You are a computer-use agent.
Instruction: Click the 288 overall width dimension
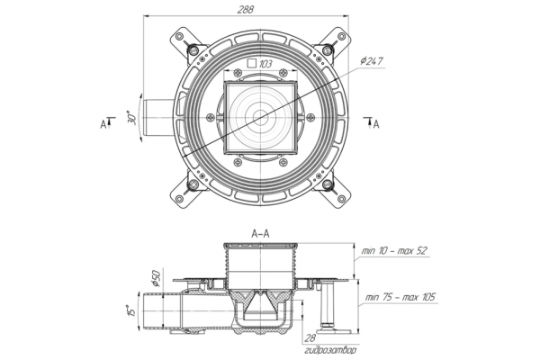pyautogui.click(x=246, y=9)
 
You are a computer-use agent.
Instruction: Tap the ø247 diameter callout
pyautogui.click(x=372, y=62)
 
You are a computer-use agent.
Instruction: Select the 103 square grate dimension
pyautogui.click(x=265, y=64)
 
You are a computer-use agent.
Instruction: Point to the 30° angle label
pyautogui.click(x=132, y=118)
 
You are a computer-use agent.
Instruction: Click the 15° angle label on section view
pyautogui.click(x=131, y=310)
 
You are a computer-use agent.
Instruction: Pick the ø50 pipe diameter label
pyautogui.click(x=156, y=278)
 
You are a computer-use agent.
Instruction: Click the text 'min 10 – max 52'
pyautogui.click(x=394, y=250)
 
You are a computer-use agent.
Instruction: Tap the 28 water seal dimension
pyautogui.click(x=310, y=338)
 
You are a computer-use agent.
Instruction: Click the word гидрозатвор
pyautogui.click(x=330, y=351)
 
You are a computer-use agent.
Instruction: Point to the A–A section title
pyautogui.click(x=260, y=234)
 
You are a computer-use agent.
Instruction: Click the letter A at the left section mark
pyautogui.click(x=103, y=124)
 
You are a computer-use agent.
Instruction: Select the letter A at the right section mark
pyautogui.click(x=376, y=124)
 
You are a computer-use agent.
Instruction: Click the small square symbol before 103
pyautogui.click(x=252, y=63)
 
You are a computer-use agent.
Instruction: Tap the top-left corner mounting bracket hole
pyautogui.click(x=179, y=36)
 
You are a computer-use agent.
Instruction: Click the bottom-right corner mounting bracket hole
pyautogui.click(x=342, y=199)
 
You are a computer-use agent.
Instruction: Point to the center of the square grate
pyautogui.click(x=260, y=118)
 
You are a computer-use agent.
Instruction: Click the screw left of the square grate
pyautogui.click(x=210, y=118)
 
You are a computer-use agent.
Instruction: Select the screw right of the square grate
pyautogui.click(x=310, y=118)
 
